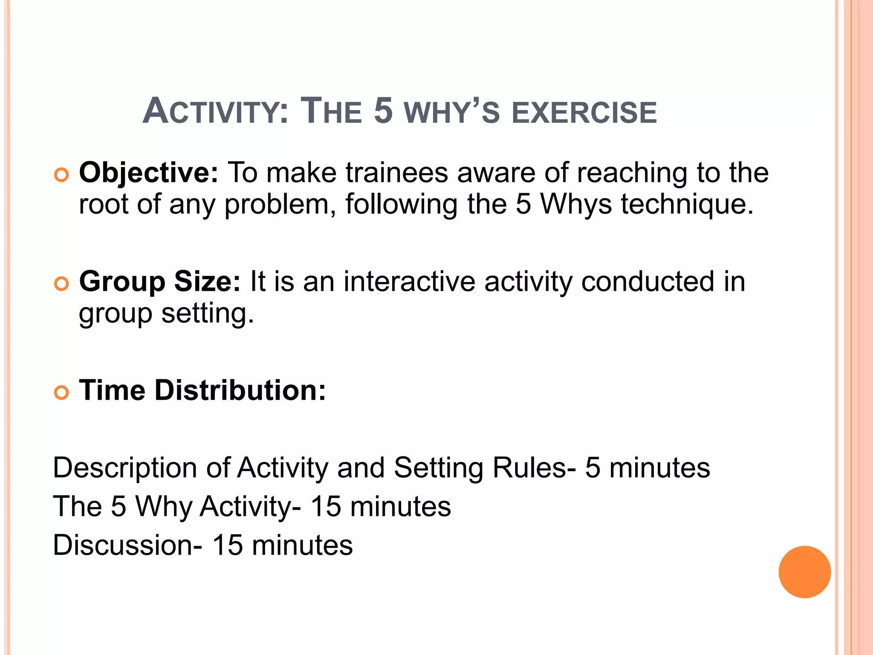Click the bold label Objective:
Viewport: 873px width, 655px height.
coord(149,173)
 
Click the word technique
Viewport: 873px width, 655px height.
coord(687,205)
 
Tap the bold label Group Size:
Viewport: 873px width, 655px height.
coord(160,282)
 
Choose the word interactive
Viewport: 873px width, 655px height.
coord(409,282)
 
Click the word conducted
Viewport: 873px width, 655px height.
coord(648,282)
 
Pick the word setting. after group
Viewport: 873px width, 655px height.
coord(208,314)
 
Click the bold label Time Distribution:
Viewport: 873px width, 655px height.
coord(202,390)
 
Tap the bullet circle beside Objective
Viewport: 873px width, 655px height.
coord(62,175)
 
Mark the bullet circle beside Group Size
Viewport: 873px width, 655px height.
coord(62,284)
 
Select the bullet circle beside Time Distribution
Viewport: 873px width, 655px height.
coord(62,392)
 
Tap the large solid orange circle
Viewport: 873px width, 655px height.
coord(804,572)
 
